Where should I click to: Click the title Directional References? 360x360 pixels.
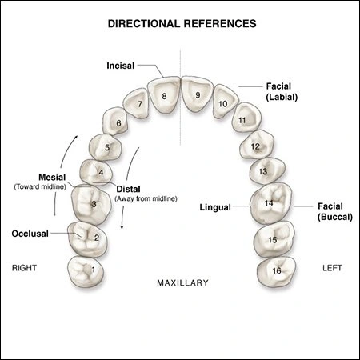point(182,24)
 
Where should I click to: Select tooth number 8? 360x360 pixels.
point(164,96)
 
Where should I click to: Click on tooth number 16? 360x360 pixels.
point(275,270)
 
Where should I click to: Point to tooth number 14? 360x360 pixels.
point(269,204)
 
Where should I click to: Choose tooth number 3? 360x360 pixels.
point(94,204)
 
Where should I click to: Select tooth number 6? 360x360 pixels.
point(118,123)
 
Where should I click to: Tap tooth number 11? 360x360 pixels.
point(241,121)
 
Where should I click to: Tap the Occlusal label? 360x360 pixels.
point(30,234)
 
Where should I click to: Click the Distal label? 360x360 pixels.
point(150,189)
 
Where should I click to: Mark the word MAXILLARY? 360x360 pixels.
point(182,282)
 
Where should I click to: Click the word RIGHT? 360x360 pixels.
point(26,268)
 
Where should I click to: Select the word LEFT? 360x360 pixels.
point(330,268)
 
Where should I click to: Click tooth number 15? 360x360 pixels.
point(272,238)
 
